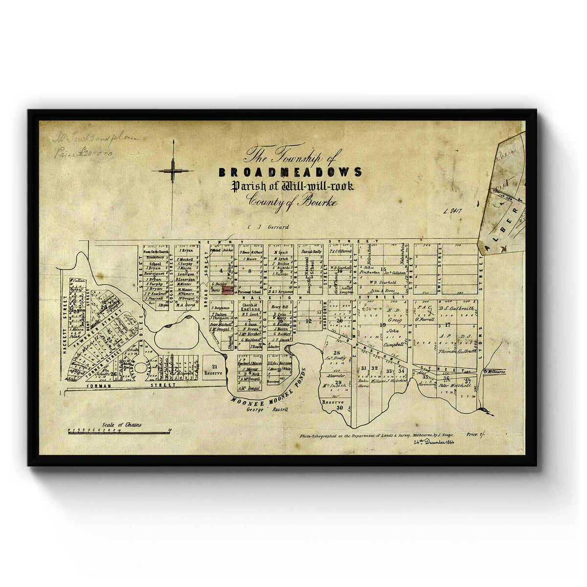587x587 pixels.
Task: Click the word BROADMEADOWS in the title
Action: click(x=291, y=172)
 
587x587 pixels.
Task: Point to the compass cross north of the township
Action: click(x=172, y=170)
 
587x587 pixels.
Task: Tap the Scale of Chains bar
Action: click(x=120, y=431)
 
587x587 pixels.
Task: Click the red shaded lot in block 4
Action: click(x=227, y=289)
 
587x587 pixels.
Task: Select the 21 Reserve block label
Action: click(x=213, y=369)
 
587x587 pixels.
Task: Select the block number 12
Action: click(x=308, y=321)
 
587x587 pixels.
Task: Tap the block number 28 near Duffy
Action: click(x=336, y=353)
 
